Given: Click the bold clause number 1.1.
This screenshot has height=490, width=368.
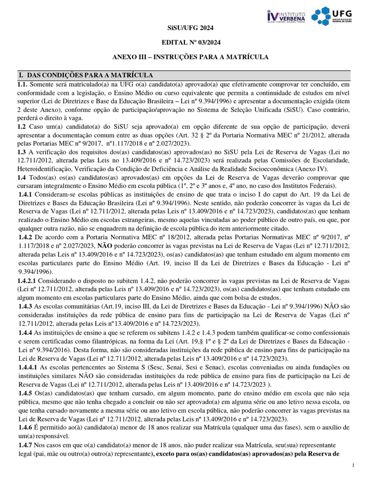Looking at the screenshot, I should click(x=23, y=84).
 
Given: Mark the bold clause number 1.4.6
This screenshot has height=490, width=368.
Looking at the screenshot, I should click(x=25, y=427).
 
